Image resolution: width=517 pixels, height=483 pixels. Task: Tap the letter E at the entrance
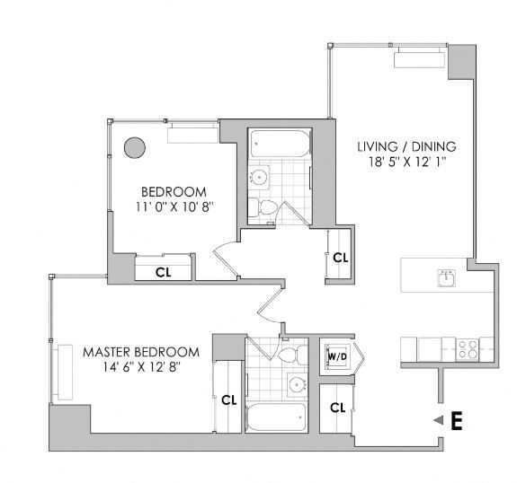pos(456,421)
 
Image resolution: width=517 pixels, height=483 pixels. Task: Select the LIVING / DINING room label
pos(406,147)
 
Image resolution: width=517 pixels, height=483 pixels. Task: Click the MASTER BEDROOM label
pos(140,351)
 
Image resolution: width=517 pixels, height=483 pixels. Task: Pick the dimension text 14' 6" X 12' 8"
pos(140,368)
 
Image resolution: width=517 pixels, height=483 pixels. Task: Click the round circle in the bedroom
pos(135,147)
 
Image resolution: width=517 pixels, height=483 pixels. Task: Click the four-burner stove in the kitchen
pos(467,348)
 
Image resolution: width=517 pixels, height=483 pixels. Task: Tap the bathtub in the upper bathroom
pos(277,142)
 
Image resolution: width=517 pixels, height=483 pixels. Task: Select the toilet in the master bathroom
pos(287,356)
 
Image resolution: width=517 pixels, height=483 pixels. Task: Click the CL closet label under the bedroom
pos(164,271)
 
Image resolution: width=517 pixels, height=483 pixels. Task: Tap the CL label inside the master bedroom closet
pos(228,400)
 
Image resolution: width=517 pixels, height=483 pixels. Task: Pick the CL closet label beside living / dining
pos(339,258)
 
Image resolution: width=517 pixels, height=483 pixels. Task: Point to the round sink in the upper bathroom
pos(260,177)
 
